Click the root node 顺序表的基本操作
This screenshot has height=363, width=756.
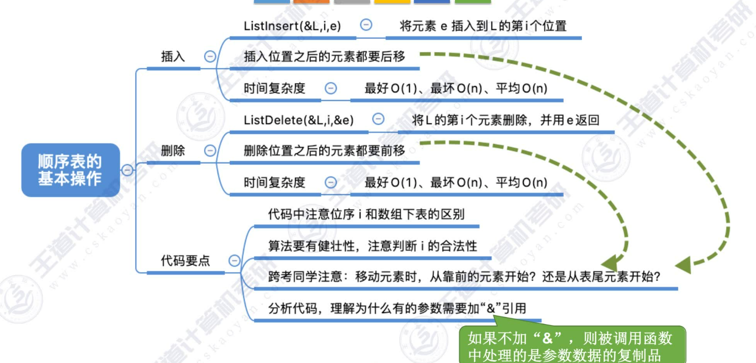70,170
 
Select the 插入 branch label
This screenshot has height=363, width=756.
173,56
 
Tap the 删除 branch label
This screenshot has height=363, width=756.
173,150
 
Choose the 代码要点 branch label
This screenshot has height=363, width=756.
185,260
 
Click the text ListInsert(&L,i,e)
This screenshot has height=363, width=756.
292,26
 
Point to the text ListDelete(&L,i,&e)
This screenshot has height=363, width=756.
299,120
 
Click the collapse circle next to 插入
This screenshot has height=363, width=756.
210,56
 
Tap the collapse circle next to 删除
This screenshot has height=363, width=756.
210,150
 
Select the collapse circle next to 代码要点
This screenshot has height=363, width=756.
234,260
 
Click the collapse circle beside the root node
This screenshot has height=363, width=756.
127,170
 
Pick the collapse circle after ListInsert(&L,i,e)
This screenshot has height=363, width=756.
366,25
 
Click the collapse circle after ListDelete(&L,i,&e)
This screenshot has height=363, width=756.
378,119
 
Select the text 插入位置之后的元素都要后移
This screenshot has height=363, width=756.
324,56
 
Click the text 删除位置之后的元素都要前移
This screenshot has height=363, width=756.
324,150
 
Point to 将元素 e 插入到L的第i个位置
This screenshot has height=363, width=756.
483,26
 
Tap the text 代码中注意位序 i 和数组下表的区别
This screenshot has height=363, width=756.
366,215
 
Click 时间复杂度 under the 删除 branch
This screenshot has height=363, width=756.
274,182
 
